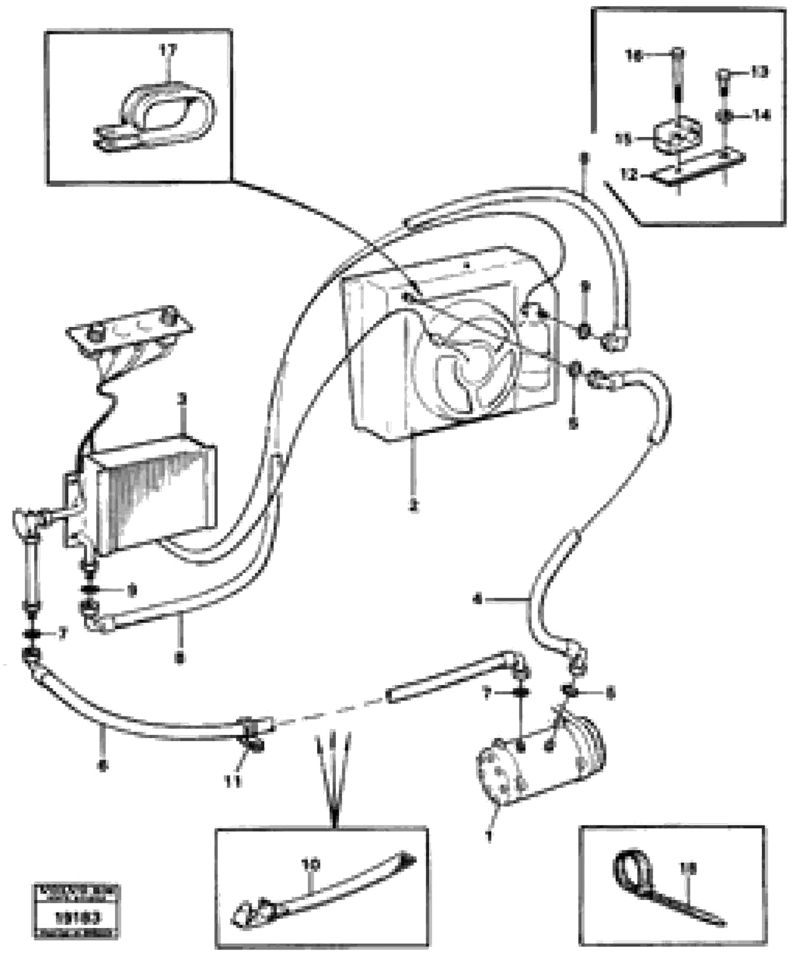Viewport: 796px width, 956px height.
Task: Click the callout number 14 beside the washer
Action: click(x=761, y=115)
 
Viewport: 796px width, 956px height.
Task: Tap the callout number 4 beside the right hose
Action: click(x=477, y=600)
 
